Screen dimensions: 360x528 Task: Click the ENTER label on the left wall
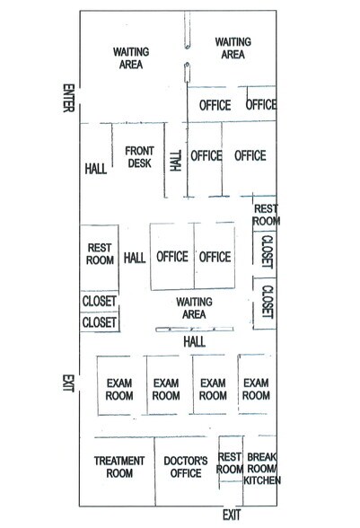(68, 98)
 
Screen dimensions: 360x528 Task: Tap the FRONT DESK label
(139, 157)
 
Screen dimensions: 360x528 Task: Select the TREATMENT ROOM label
(119, 467)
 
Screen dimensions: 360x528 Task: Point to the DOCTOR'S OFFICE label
(186, 467)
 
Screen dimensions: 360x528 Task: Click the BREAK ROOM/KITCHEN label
(262, 469)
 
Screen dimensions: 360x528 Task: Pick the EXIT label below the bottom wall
(232, 515)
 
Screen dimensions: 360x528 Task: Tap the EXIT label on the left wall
(68, 383)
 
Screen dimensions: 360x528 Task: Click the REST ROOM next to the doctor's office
(230, 462)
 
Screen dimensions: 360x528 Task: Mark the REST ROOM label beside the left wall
(100, 254)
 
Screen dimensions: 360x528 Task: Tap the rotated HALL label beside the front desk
(176, 161)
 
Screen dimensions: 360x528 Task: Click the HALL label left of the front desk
(96, 169)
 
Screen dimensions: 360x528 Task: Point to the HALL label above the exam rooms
(194, 342)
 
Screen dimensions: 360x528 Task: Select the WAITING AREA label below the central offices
(194, 308)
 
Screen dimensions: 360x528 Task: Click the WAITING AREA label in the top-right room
(233, 48)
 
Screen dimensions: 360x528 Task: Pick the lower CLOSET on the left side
(100, 322)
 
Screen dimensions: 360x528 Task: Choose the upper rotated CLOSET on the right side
(268, 251)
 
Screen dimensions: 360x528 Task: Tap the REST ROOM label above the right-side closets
(266, 215)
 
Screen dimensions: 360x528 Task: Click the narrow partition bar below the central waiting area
(195, 330)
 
